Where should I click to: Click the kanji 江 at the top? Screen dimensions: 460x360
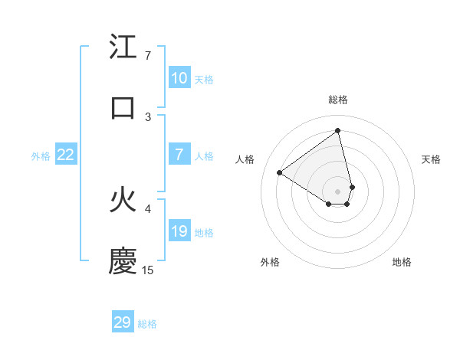click(123, 47)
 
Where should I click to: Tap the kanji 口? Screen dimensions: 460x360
click(123, 107)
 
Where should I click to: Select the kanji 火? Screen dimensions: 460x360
click(123, 201)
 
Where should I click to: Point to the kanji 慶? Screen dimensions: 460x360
click(123, 261)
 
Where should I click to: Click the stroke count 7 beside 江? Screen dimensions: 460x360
click(148, 56)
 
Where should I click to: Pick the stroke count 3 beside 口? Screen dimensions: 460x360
click(148, 116)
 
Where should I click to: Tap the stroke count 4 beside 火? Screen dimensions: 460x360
click(148, 208)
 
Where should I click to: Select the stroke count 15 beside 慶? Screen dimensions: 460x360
click(148, 270)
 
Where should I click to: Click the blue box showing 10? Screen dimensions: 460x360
click(179, 78)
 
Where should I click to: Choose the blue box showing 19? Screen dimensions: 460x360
click(179, 231)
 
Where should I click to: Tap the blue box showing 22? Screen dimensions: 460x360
click(66, 155)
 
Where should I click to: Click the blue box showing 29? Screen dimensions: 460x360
click(123, 322)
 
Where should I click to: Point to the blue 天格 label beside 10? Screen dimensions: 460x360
click(204, 80)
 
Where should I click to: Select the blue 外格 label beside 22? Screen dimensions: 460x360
click(41, 156)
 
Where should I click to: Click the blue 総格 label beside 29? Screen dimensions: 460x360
click(147, 324)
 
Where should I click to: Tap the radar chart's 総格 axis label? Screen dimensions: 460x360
click(338, 100)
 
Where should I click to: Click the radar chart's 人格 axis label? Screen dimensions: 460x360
click(245, 159)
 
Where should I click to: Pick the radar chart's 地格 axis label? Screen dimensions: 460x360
click(402, 262)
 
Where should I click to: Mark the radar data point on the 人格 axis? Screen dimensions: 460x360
click(280, 172)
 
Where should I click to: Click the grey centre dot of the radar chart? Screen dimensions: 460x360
click(338, 191)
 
